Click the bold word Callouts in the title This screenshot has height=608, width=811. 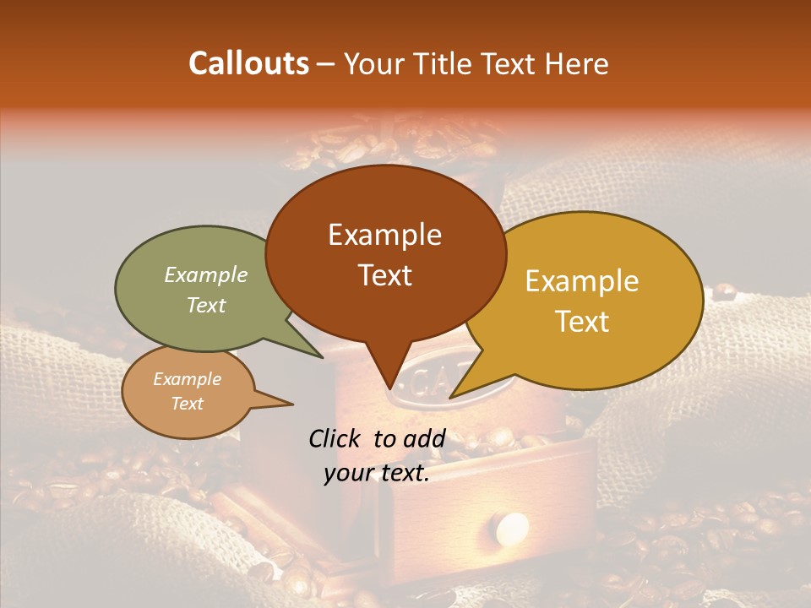click(248, 63)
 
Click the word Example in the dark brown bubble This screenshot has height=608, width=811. click(384, 235)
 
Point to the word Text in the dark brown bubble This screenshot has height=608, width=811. click(384, 275)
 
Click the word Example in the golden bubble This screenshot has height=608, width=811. click(582, 281)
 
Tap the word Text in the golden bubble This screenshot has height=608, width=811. click(582, 322)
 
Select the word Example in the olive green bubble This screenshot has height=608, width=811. click(205, 275)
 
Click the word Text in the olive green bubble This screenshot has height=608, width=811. click(205, 305)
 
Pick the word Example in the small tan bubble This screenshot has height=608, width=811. click(187, 379)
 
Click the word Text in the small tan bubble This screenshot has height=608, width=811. click(187, 404)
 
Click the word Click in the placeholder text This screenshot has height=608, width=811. click(335, 438)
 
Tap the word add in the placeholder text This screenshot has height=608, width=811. click(425, 438)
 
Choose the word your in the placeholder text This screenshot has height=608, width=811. click(348, 474)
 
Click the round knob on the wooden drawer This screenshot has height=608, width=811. click(511, 529)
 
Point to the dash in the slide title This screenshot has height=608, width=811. click(327, 64)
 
